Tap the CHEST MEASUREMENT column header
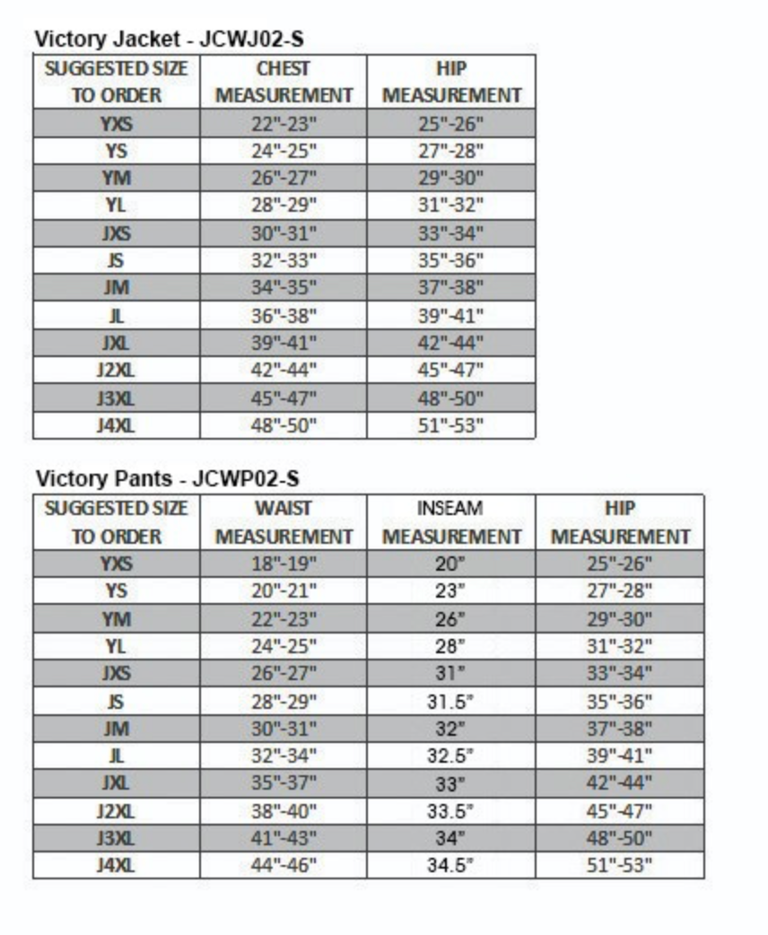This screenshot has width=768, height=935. click(x=284, y=82)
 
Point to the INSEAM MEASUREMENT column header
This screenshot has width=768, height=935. click(x=451, y=522)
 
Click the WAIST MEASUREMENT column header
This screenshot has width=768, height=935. click(x=284, y=522)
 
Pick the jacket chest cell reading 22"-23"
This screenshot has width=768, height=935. click(x=284, y=124)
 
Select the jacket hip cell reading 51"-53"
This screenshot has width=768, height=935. click(x=451, y=426)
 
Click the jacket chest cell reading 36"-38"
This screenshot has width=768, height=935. click(x=284, y=316)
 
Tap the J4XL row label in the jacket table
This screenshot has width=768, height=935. click(x=116, y=426)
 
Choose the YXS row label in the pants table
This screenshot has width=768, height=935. click(x=116, y=564)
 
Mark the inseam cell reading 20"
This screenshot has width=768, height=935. click(x=451, y=564)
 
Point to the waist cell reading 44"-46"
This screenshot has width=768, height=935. click(x=284, y=866)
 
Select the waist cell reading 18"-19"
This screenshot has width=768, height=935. click(x=284, y=564)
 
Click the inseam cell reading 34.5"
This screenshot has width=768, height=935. click(x=451, y=866)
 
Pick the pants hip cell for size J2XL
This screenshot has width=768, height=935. click(x=619, y=811)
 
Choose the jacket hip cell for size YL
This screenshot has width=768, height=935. click(x=451, y=205)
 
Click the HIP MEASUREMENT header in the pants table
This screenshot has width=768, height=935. click(x=619, y=522)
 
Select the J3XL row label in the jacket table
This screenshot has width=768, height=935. click(x=116, y=398)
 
